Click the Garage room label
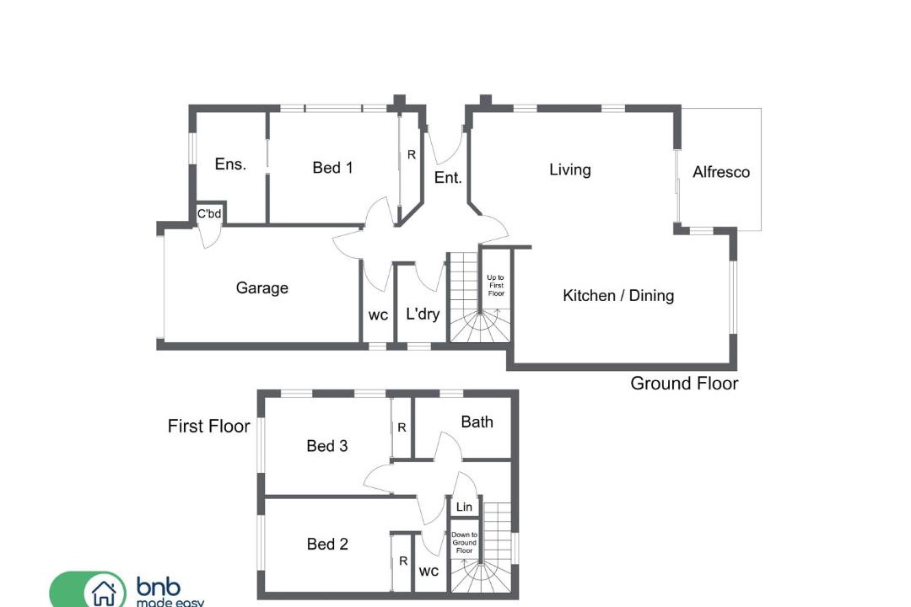(262, 288)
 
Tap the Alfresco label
(721, 172)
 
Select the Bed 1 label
(332, 168)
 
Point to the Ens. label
(230, 164)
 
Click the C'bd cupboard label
(209, 214)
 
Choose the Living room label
(570, 169)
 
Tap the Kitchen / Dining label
(618, 296)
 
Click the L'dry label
(423, 314)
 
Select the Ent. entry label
(448, 178)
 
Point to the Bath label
(477, 422)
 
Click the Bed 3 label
(327, 446)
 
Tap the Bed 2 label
(327, 545)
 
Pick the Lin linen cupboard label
(464, 507)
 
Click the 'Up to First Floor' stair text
(496, 285)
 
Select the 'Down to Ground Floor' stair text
(464, 543)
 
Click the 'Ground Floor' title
(684, 384)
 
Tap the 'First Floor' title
(208, 427)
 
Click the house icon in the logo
(104, 594)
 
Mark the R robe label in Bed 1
(412, 155)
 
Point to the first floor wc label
(429, 572)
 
